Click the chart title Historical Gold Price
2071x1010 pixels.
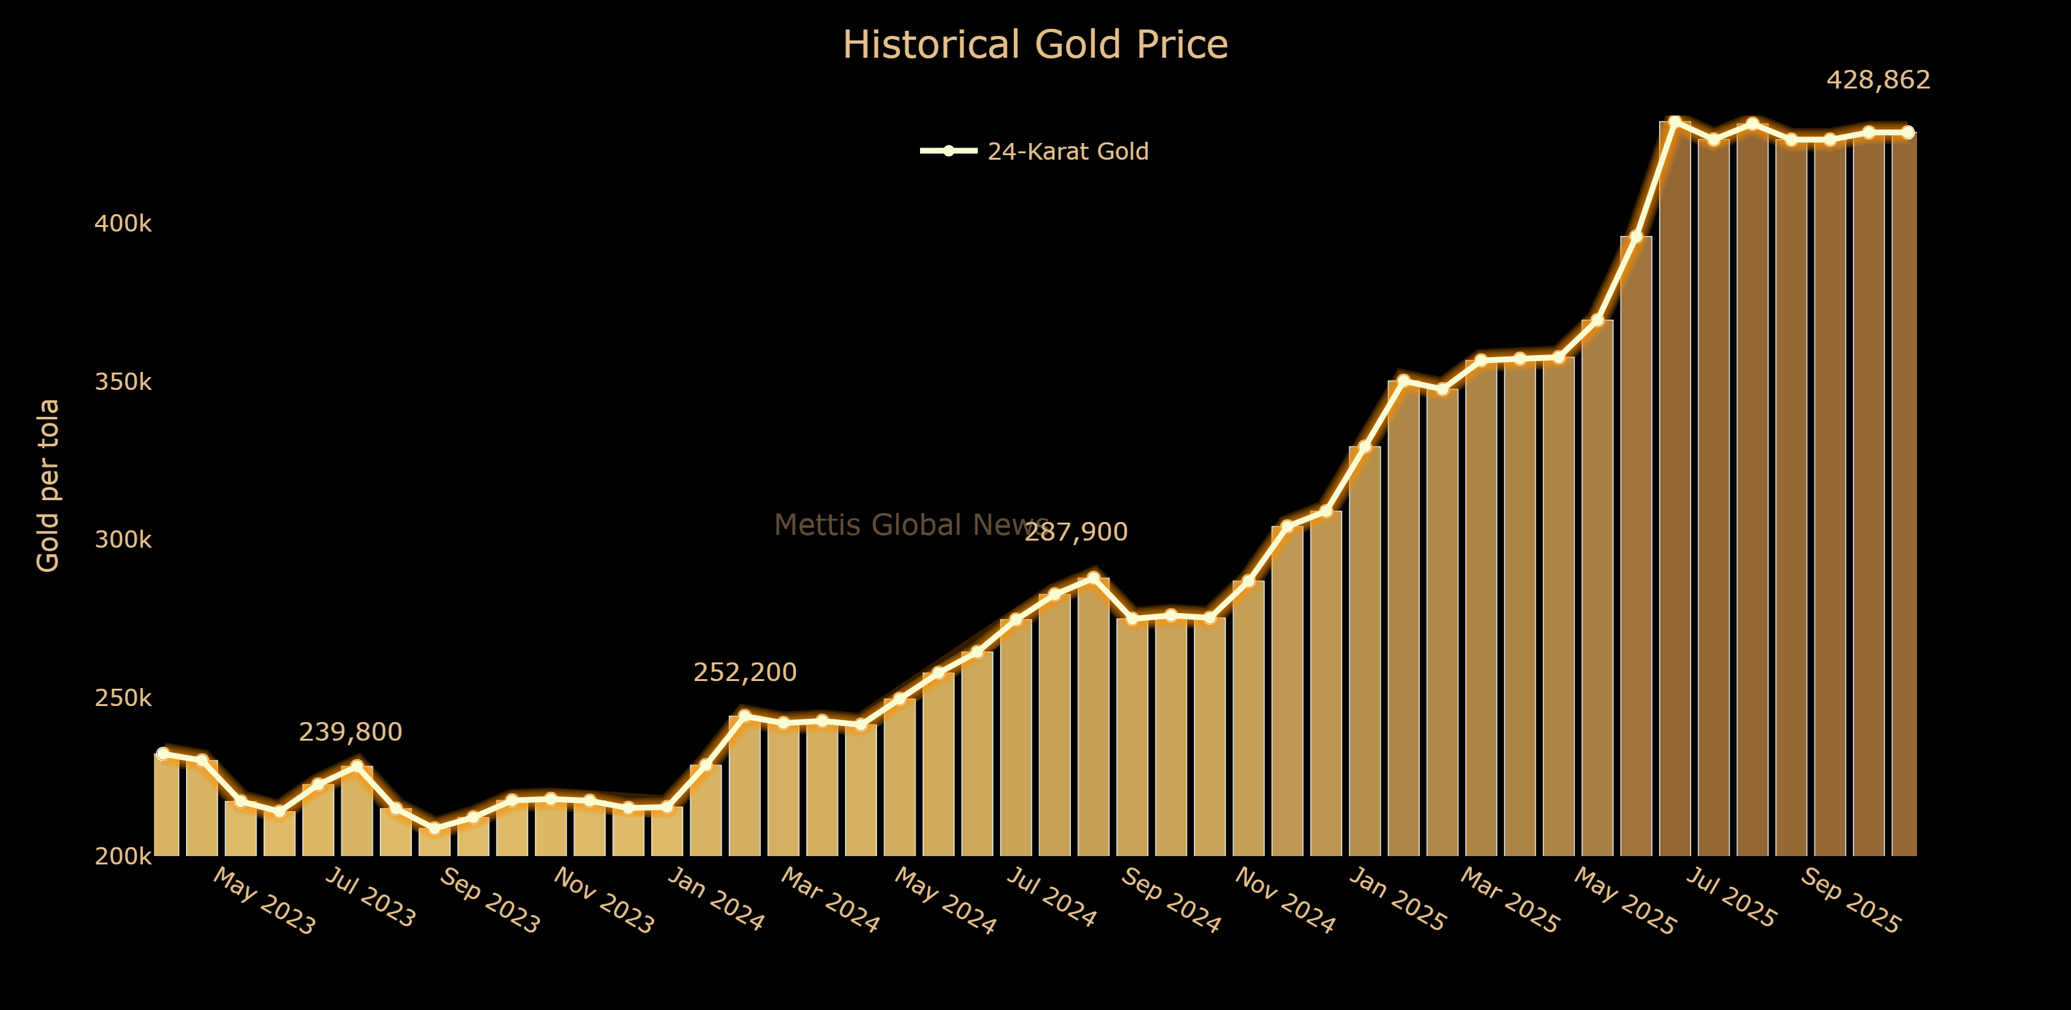point(1035,45)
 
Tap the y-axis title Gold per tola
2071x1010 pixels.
point(48,485)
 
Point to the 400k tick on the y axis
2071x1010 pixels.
point(123,223)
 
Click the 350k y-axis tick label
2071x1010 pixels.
point(123,382)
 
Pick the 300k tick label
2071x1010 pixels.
point(123,540)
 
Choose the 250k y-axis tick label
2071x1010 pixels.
point(123,698)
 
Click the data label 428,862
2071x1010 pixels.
point(1878,80)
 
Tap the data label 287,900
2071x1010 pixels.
point(1076,532)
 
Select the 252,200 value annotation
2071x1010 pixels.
point(744,673)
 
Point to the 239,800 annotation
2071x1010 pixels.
point(350,732)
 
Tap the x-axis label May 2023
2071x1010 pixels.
point(264,902)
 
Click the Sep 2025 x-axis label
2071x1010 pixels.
point(1850,901)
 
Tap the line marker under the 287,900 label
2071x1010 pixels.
point(1093,578)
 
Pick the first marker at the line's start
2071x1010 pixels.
point(163,753)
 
